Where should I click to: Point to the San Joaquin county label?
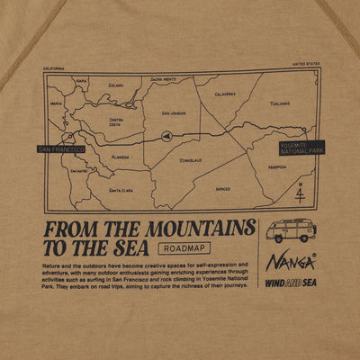(174, 113)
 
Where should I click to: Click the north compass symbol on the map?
(299, 193)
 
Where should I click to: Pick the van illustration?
(290, 229)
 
